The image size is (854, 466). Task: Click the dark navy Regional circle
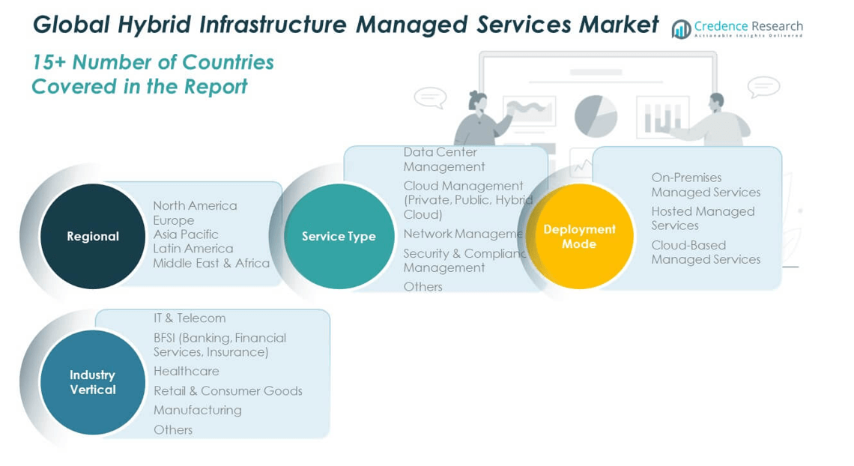[93, 236]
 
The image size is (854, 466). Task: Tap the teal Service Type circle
[339, 236]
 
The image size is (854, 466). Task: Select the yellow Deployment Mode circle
[579, 236]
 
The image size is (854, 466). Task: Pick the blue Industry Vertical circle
[93, 382]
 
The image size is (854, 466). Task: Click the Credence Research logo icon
[681, 29]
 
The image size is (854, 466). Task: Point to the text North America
[195, 205]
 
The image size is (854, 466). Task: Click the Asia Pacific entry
[186, 234]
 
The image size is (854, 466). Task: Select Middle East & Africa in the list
[211, 263]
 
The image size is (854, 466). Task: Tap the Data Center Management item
[443, 159]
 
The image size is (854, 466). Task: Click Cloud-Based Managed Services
[705, 252]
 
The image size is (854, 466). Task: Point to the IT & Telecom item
[190, 318]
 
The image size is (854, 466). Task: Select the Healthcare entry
[187, 371]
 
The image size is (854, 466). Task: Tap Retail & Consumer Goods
[228, 390]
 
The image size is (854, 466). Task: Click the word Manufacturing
[198, 410]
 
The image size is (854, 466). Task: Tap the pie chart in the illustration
[596, 116]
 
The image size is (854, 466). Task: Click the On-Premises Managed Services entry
[705, 184]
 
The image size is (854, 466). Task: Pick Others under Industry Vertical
[173, 429]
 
